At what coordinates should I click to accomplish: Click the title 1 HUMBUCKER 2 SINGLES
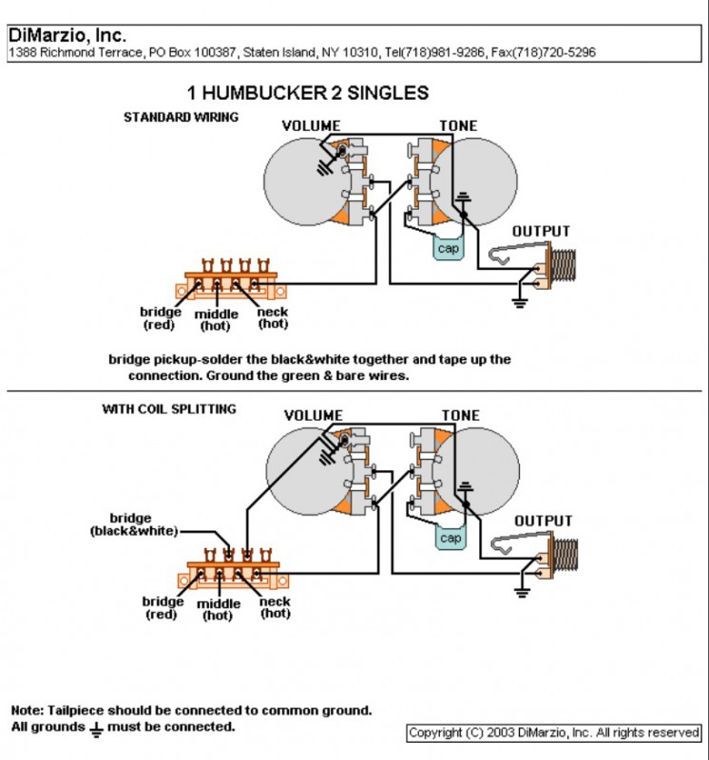tap(307, 93)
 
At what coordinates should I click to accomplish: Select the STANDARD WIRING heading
tap(182, 118)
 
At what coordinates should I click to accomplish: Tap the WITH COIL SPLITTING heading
tap(169, 409)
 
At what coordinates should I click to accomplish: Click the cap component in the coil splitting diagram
tap(450, 539)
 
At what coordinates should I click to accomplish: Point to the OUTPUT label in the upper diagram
tap(541, 231)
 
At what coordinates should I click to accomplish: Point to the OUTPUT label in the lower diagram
tap(543, 521)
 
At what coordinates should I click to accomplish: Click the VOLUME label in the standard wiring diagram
tap(313, 125)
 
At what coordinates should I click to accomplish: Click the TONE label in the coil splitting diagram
tap(461, 415)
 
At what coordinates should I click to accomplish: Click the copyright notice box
tap(554, 732)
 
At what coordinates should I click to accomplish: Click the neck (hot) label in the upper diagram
tap(274, 318)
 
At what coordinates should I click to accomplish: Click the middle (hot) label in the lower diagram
tap(217, 609)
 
